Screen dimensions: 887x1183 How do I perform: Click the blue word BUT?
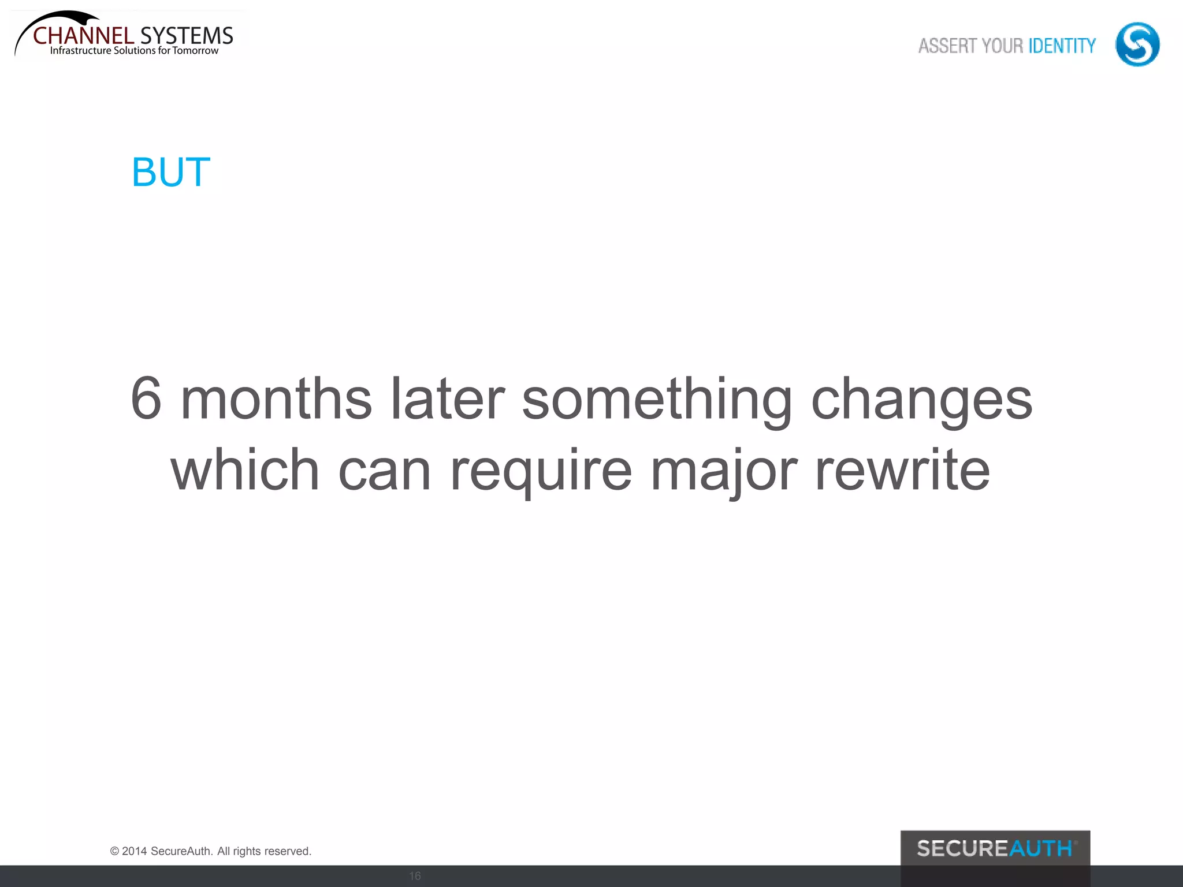[171, 172]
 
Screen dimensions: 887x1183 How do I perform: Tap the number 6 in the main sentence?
[146, 398]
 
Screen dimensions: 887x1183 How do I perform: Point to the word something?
[657, 400]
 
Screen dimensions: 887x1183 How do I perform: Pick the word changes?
[921, 400]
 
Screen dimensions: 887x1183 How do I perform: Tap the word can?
[384, 471]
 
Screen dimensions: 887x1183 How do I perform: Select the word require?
[541, 471]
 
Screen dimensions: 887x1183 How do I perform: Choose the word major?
[724, 471]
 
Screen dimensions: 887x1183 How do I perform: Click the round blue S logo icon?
[1137, 44]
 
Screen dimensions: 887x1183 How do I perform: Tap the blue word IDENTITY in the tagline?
[1062, 46]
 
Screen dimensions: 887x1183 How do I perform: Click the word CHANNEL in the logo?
[84, 36]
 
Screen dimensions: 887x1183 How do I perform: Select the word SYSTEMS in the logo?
[187, 36]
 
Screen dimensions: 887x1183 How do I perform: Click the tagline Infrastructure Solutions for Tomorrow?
[134, 51]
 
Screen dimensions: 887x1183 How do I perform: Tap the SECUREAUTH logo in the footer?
[995, 848]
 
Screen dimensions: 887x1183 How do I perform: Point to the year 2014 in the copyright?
[134, 851]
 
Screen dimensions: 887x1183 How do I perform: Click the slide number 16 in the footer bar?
[415, 876]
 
